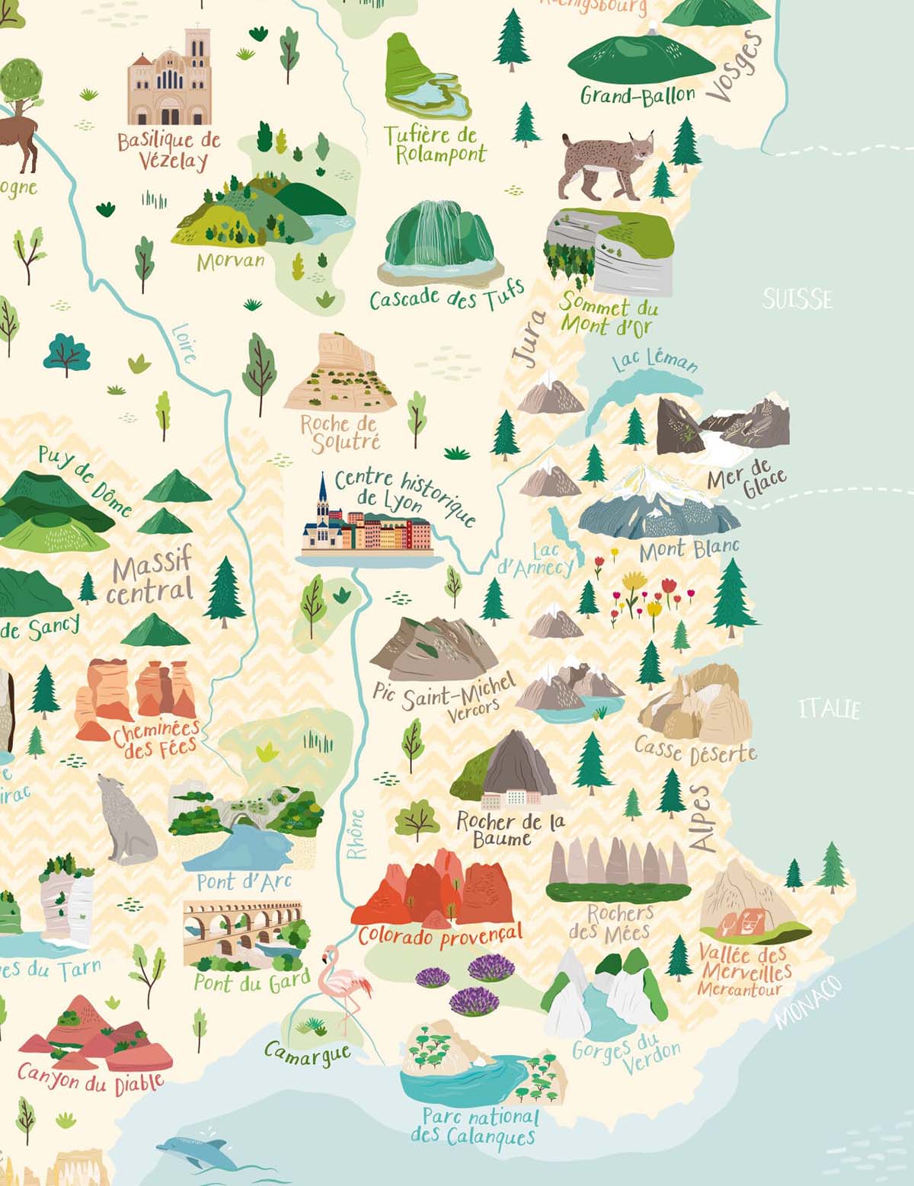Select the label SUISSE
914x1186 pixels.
tap(797, 299)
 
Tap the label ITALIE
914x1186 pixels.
tap(829, 709)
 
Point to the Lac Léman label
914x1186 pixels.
tap(655, 360)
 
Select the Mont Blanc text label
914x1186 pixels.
tap(689, 549)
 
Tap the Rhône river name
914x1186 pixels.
tap(356, 834)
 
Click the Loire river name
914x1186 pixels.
tap(184, 343)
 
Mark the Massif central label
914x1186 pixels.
tap(151, 577)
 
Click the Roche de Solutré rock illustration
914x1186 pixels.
tap(340, 373)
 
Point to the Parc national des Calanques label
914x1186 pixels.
tap(475, 1127)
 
